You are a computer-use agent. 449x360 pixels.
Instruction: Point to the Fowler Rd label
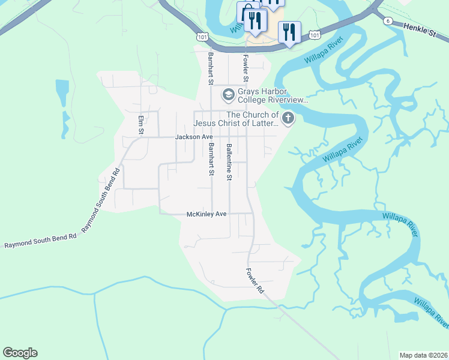pos(256,280)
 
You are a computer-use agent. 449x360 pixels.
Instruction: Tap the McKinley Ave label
pos(206,214)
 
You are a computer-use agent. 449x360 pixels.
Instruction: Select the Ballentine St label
pos(229,162)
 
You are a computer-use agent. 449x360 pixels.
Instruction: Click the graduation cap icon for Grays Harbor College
pos(228,94)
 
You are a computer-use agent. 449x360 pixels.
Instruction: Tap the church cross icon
pos(288,118)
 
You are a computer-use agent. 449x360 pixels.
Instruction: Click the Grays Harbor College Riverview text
pos(272,95)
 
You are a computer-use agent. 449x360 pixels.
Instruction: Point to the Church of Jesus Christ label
pos(252,119)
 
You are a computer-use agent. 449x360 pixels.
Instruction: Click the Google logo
pos(20,353)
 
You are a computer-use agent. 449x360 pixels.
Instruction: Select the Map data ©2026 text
pos(423,355)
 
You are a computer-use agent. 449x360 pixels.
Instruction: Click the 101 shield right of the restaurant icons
pos(313,36)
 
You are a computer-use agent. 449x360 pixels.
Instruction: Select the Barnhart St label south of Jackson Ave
pos(211,160)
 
